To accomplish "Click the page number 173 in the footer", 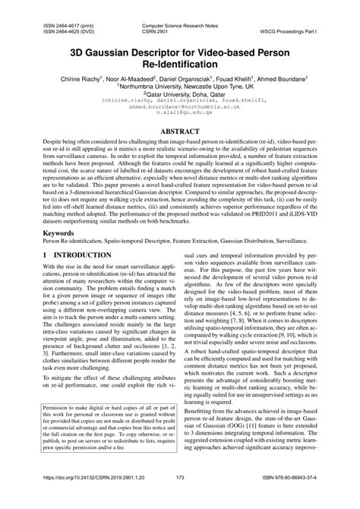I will pos(180,499).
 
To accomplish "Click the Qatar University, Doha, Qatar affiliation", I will pos(180,96).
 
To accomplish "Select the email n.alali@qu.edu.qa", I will pos(180,121).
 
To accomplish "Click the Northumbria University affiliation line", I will pos(180,87).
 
